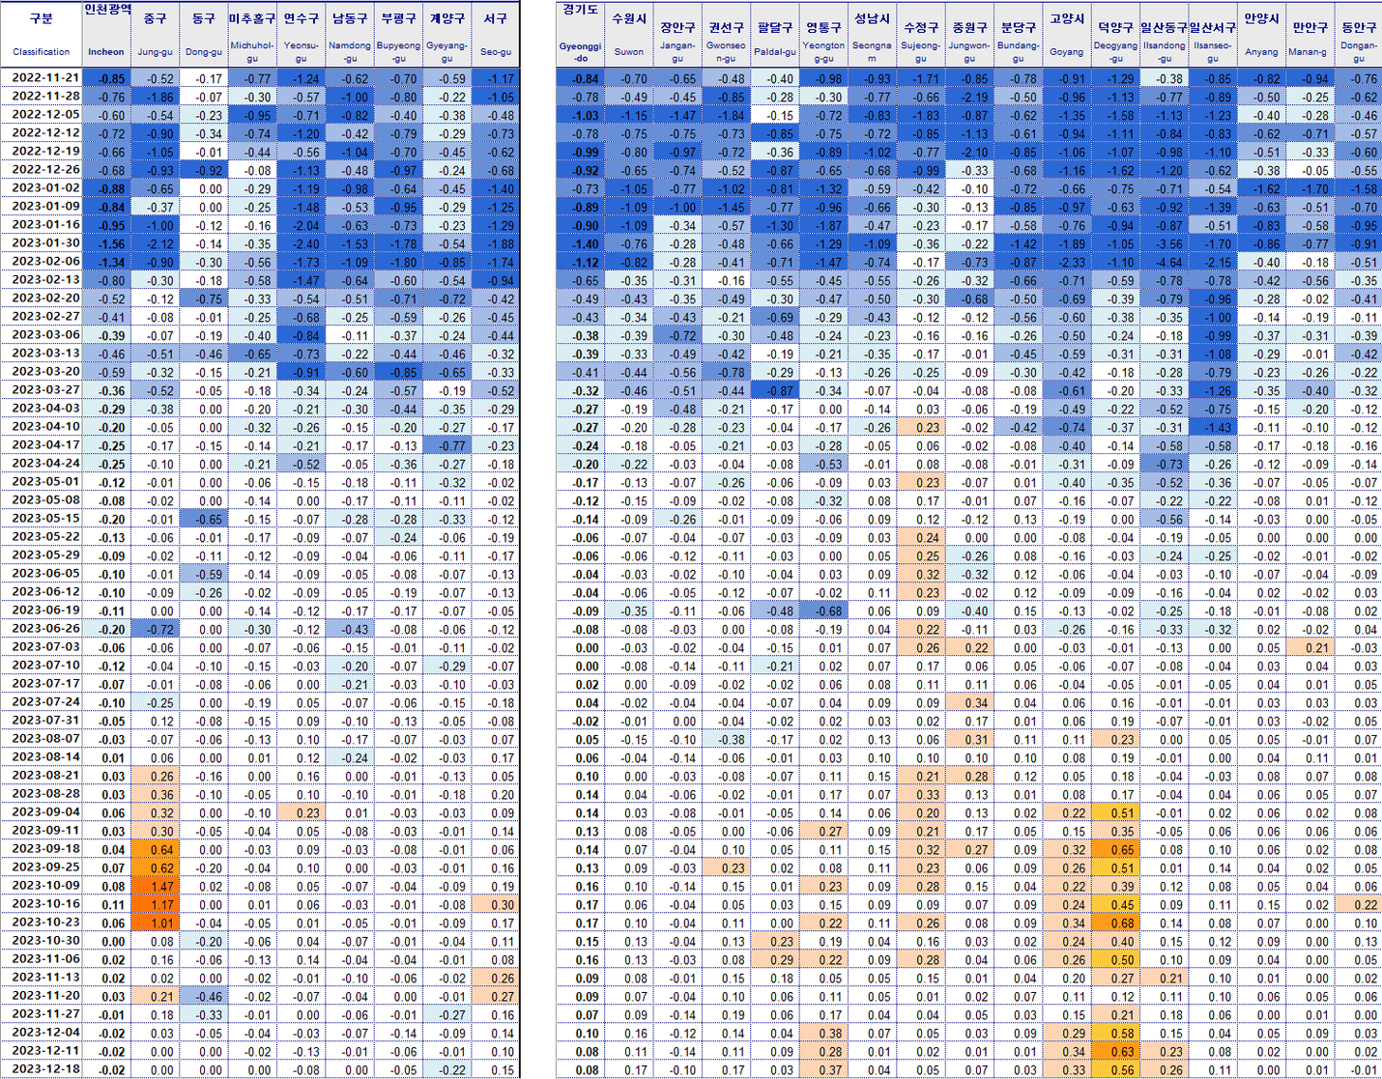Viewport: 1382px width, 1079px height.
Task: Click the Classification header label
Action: pos(41,51)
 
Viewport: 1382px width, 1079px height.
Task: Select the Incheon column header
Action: pos(106,51)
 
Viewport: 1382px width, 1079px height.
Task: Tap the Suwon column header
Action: pos(629,51)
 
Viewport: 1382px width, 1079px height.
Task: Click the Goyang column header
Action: pos(1066,51)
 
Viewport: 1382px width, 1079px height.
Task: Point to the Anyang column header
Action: pos(1261,51)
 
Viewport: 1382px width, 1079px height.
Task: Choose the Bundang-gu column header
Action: pos(1018,51)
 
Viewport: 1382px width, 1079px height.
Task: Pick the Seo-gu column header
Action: pos(496,51)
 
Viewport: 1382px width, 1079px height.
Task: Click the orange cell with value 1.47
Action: pos(155,886)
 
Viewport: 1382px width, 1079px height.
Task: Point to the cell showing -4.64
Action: pos(1164,262)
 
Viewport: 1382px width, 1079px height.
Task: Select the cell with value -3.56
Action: pos(1164,243)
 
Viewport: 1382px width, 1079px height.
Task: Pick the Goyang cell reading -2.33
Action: pos(1066,262)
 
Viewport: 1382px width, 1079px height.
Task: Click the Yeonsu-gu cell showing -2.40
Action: pos(301,243)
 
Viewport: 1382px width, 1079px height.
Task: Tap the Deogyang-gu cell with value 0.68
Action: pos(1115,923)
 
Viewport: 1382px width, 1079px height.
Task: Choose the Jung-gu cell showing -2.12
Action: pos(155,243)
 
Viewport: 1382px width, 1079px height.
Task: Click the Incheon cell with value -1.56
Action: pos(106,243)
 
